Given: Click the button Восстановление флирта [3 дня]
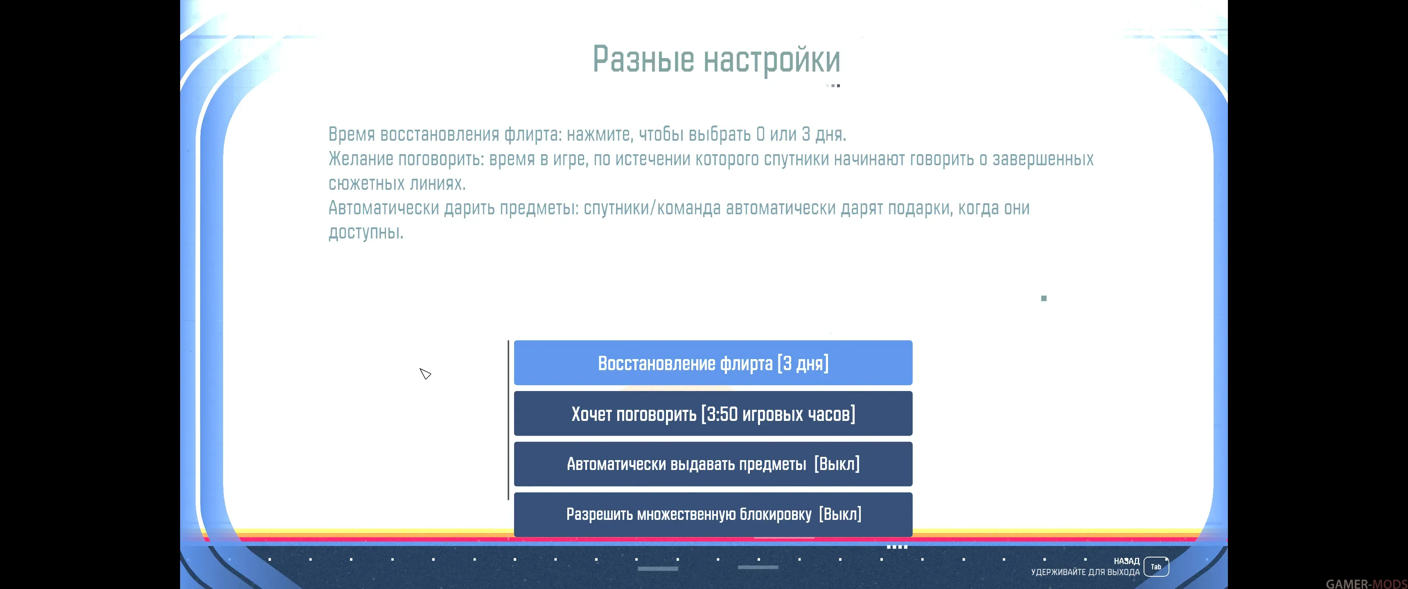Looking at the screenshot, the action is pos(713,363).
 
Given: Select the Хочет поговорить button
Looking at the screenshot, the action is pos(713,414).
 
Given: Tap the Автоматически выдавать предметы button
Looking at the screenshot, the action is pos(713,464).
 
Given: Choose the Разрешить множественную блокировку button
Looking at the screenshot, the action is pos(713,514).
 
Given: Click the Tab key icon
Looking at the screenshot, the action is pos(1156,567).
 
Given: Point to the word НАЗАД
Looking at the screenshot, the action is pos(1126,561).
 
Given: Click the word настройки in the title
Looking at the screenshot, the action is pos(772,60).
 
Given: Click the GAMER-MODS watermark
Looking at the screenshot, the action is pos(1367,584).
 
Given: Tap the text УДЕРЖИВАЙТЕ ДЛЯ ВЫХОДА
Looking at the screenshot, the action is pos(1085,572).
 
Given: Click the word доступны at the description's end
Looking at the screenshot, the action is pos(366,233).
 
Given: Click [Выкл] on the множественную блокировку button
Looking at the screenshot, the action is pos(840,514).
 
